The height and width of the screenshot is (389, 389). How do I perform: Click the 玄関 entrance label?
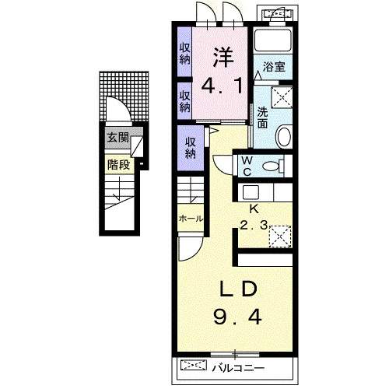pyautogui.click(x=118, y=138)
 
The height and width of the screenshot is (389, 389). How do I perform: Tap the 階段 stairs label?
pyautogui.click(x=118, y=164)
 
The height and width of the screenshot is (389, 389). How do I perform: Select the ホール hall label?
pyautogui.click(x=191, y=219)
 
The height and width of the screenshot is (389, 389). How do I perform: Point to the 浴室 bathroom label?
pyautogui.click(x=274, y=67)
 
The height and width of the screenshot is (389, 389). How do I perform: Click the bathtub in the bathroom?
pyautogui.click(x=273, y=40)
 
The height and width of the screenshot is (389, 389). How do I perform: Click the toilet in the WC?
pyautogui.click(x=273, y=166)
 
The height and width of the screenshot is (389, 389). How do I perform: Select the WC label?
pyautogui.click(x=247, y=166)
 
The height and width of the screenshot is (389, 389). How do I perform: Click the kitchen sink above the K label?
pyautogui.click(x=251, y=192)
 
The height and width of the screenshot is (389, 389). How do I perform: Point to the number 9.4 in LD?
pyautogui.click(x=237, y=317)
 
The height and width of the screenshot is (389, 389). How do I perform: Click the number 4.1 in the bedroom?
pyautogui.click(x=223, y=86)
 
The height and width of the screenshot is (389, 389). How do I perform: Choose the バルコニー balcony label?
pyautogui.click(x=238, y=368)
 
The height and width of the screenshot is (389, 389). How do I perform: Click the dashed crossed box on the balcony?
pyautogui.click(x=194, y=365)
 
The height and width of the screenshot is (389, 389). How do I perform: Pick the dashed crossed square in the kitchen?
pyautogui.click(x=280, y=237)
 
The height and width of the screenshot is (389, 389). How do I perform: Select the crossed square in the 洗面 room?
pyautogui.click(x=282, y=97)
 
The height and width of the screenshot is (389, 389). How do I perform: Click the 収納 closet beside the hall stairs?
pyautogui.click(x=191, y=148)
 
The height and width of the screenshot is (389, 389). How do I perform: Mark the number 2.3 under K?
pyautogui.click(x=254, y=225)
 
